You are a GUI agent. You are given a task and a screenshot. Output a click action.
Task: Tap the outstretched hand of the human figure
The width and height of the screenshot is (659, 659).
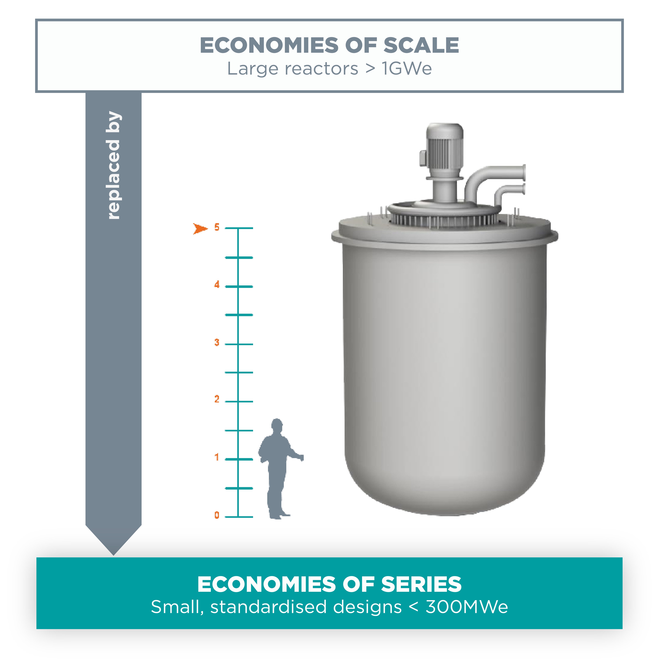coord(301,457)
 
